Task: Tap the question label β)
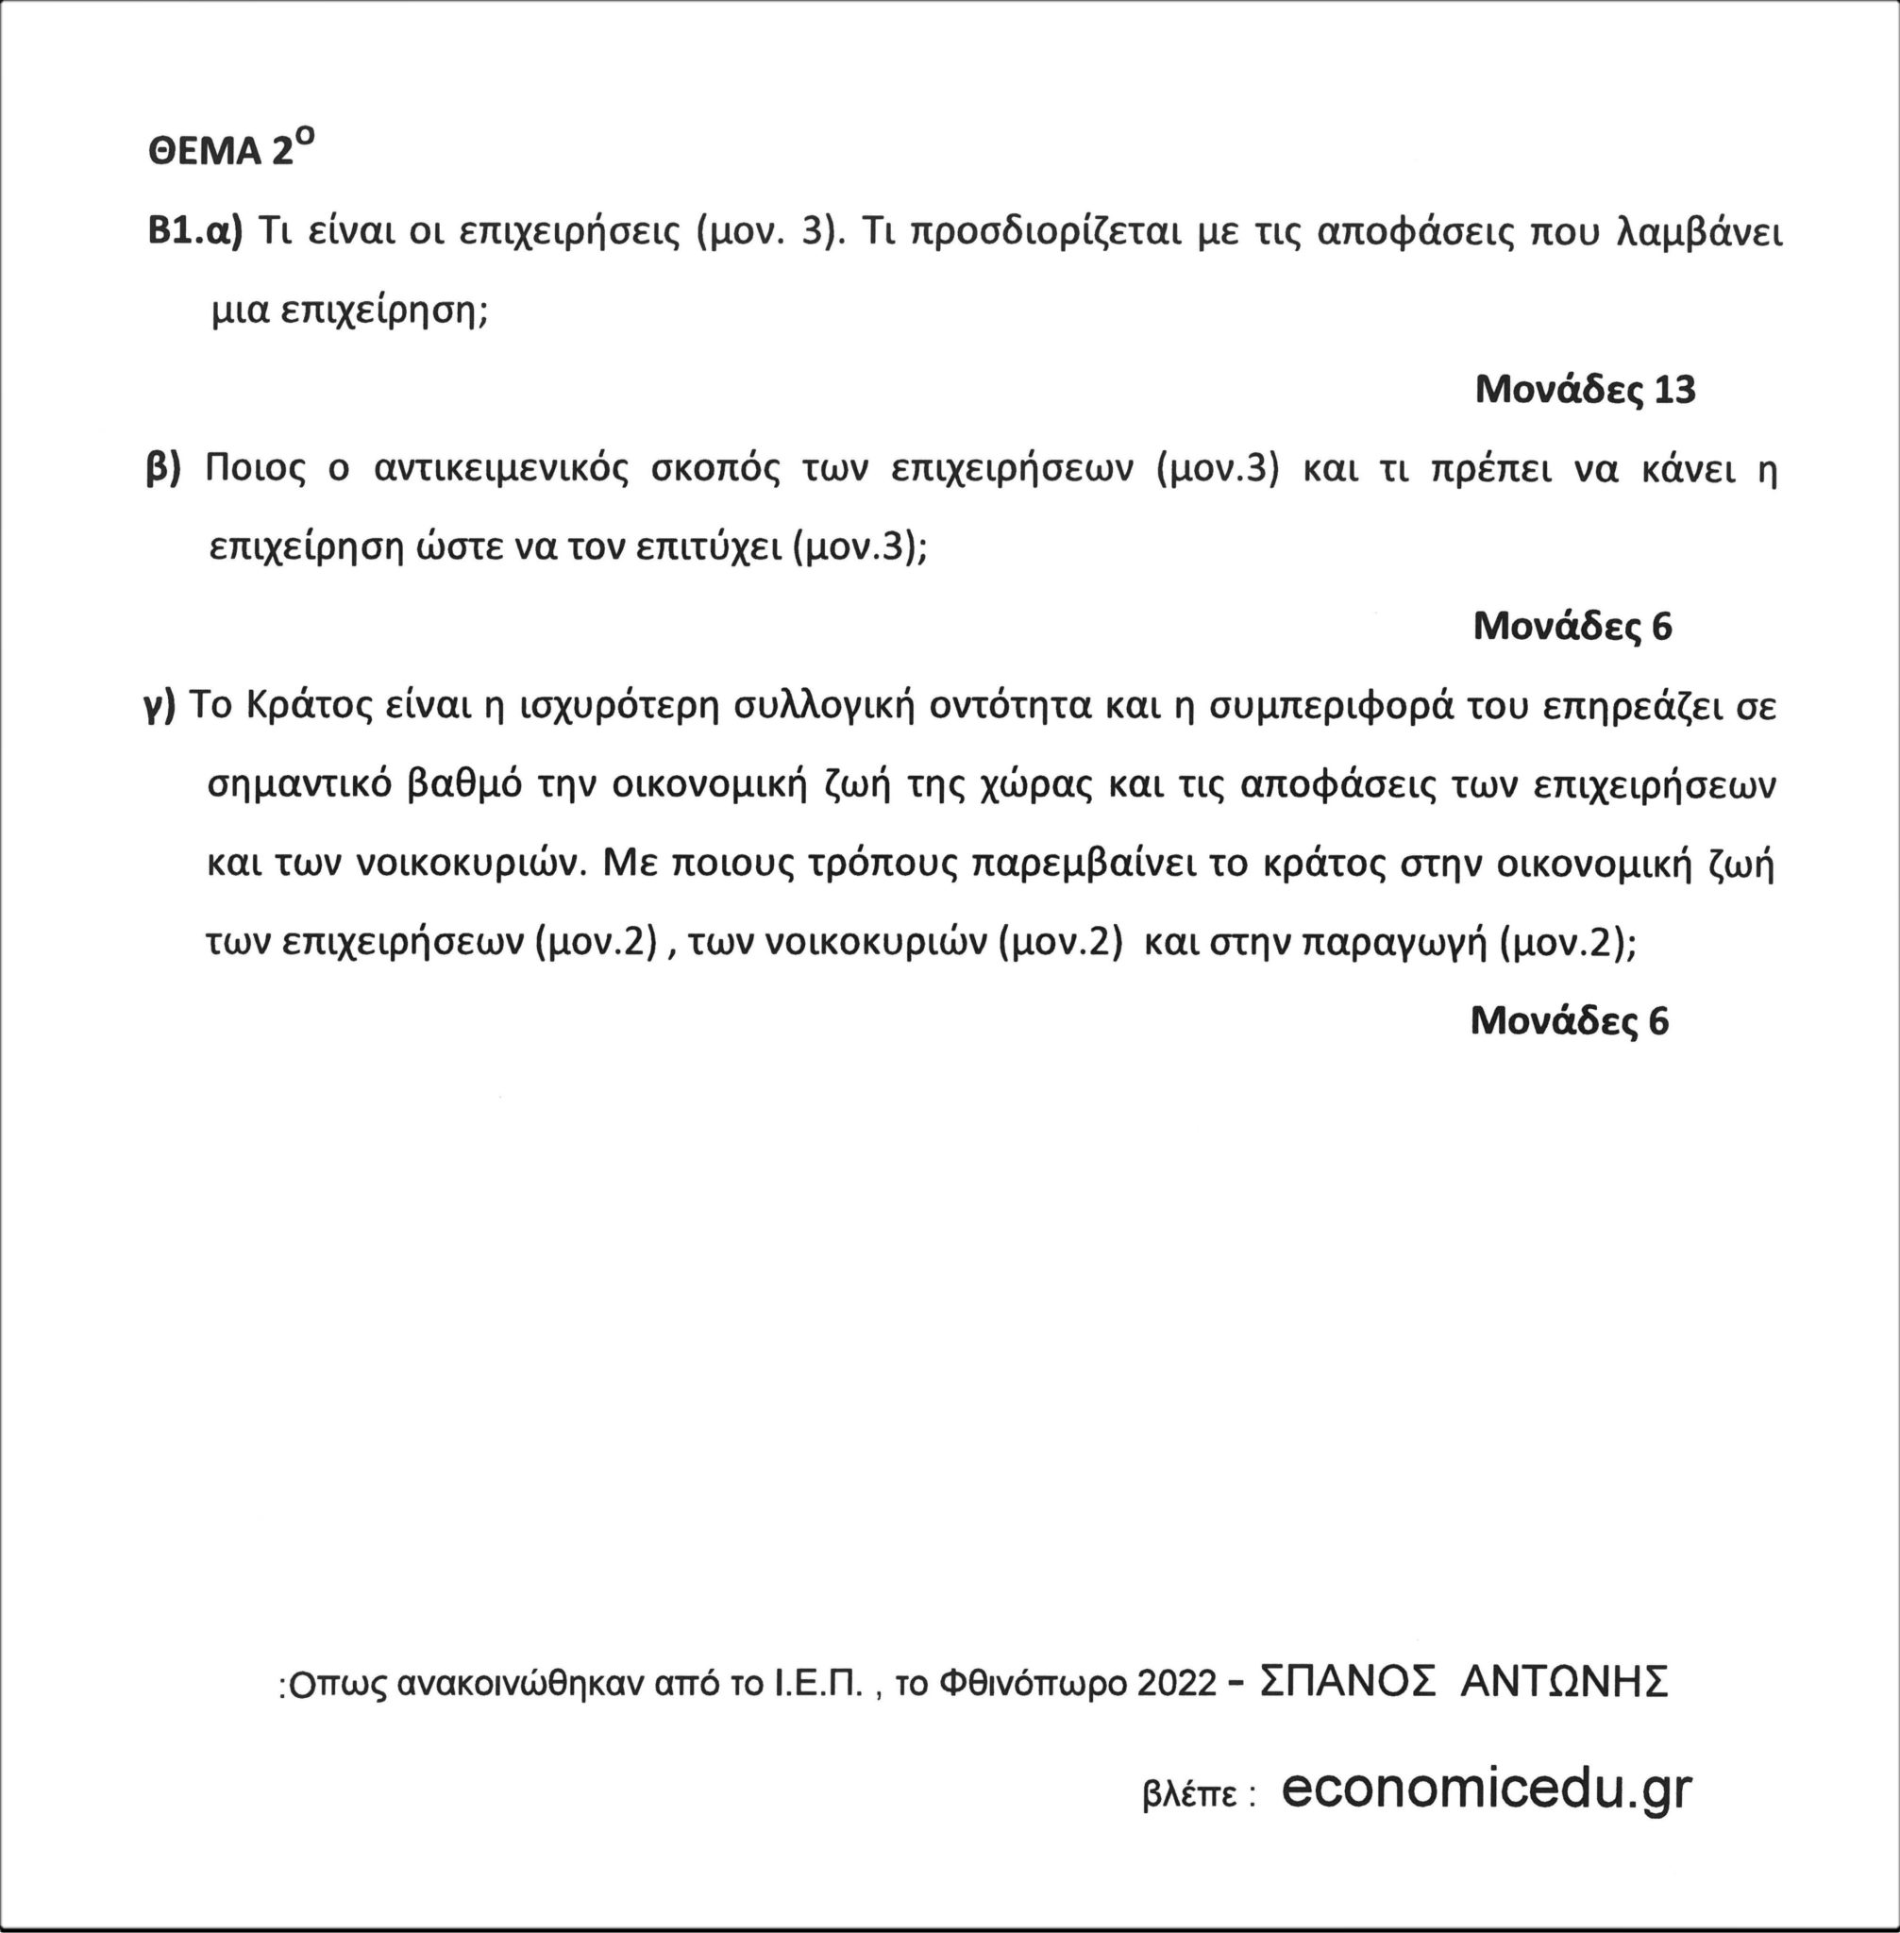(x=162, y=468)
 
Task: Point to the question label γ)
(x=160, y=706)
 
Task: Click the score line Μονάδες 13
(x=1585, y=389)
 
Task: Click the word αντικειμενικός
(x=501, y=469)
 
